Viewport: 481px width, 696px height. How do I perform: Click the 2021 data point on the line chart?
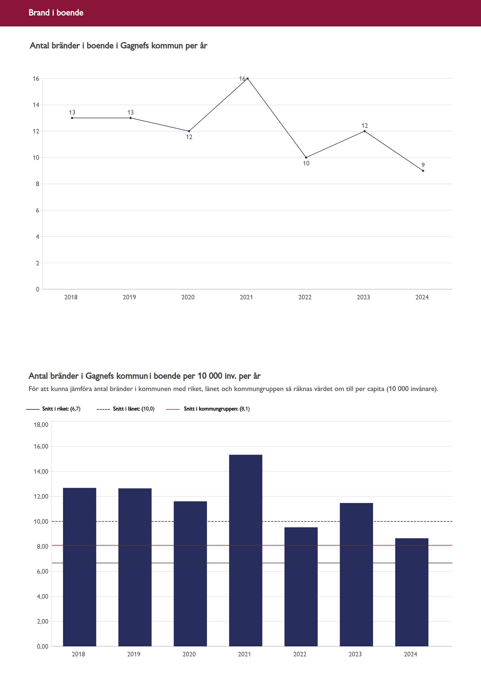pos(248,78)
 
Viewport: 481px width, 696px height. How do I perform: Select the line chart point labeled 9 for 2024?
pos(423,171)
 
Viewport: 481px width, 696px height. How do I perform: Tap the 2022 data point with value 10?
pos(306,157)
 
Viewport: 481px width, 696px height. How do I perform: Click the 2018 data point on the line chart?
pos(72,118)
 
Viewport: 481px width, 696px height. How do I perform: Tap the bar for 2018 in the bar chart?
pos(80,567)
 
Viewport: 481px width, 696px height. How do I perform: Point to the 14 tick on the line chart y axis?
pos(36,105)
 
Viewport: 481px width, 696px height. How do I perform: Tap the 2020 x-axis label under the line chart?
pos(188,297)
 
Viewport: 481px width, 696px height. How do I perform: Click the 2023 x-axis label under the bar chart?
pos(355,654)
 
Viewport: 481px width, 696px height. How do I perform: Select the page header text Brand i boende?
pos(56,13)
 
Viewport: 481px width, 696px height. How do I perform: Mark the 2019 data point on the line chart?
pos(130,118)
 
